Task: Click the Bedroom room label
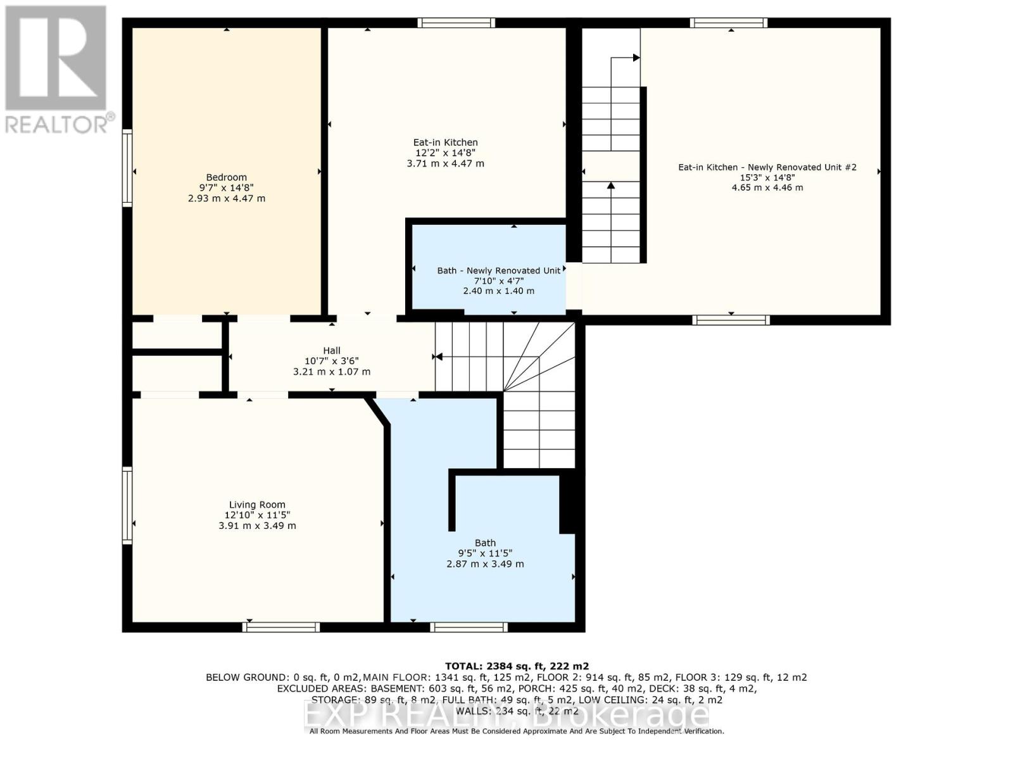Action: click(226, 177)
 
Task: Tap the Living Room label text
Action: click(257, 505)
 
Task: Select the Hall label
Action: click(332, 350)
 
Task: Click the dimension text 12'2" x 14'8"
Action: click(445, 153)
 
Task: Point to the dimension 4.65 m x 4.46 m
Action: click(767, 187)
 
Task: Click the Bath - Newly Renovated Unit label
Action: click(498, 270)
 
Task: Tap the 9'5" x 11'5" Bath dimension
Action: click(485, 553)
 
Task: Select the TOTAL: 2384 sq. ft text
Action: click(517, 666)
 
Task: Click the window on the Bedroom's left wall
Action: click(127, 168)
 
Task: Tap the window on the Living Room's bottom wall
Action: click(281, 627)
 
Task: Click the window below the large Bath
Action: click(469, 627)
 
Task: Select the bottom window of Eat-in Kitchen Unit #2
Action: click(731, 320)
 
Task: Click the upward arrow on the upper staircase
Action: click(611, 186)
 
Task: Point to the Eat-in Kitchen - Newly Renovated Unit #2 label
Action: click(767, 167)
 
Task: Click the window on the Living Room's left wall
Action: click(127, 505)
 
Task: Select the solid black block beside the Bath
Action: click(568, 503)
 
